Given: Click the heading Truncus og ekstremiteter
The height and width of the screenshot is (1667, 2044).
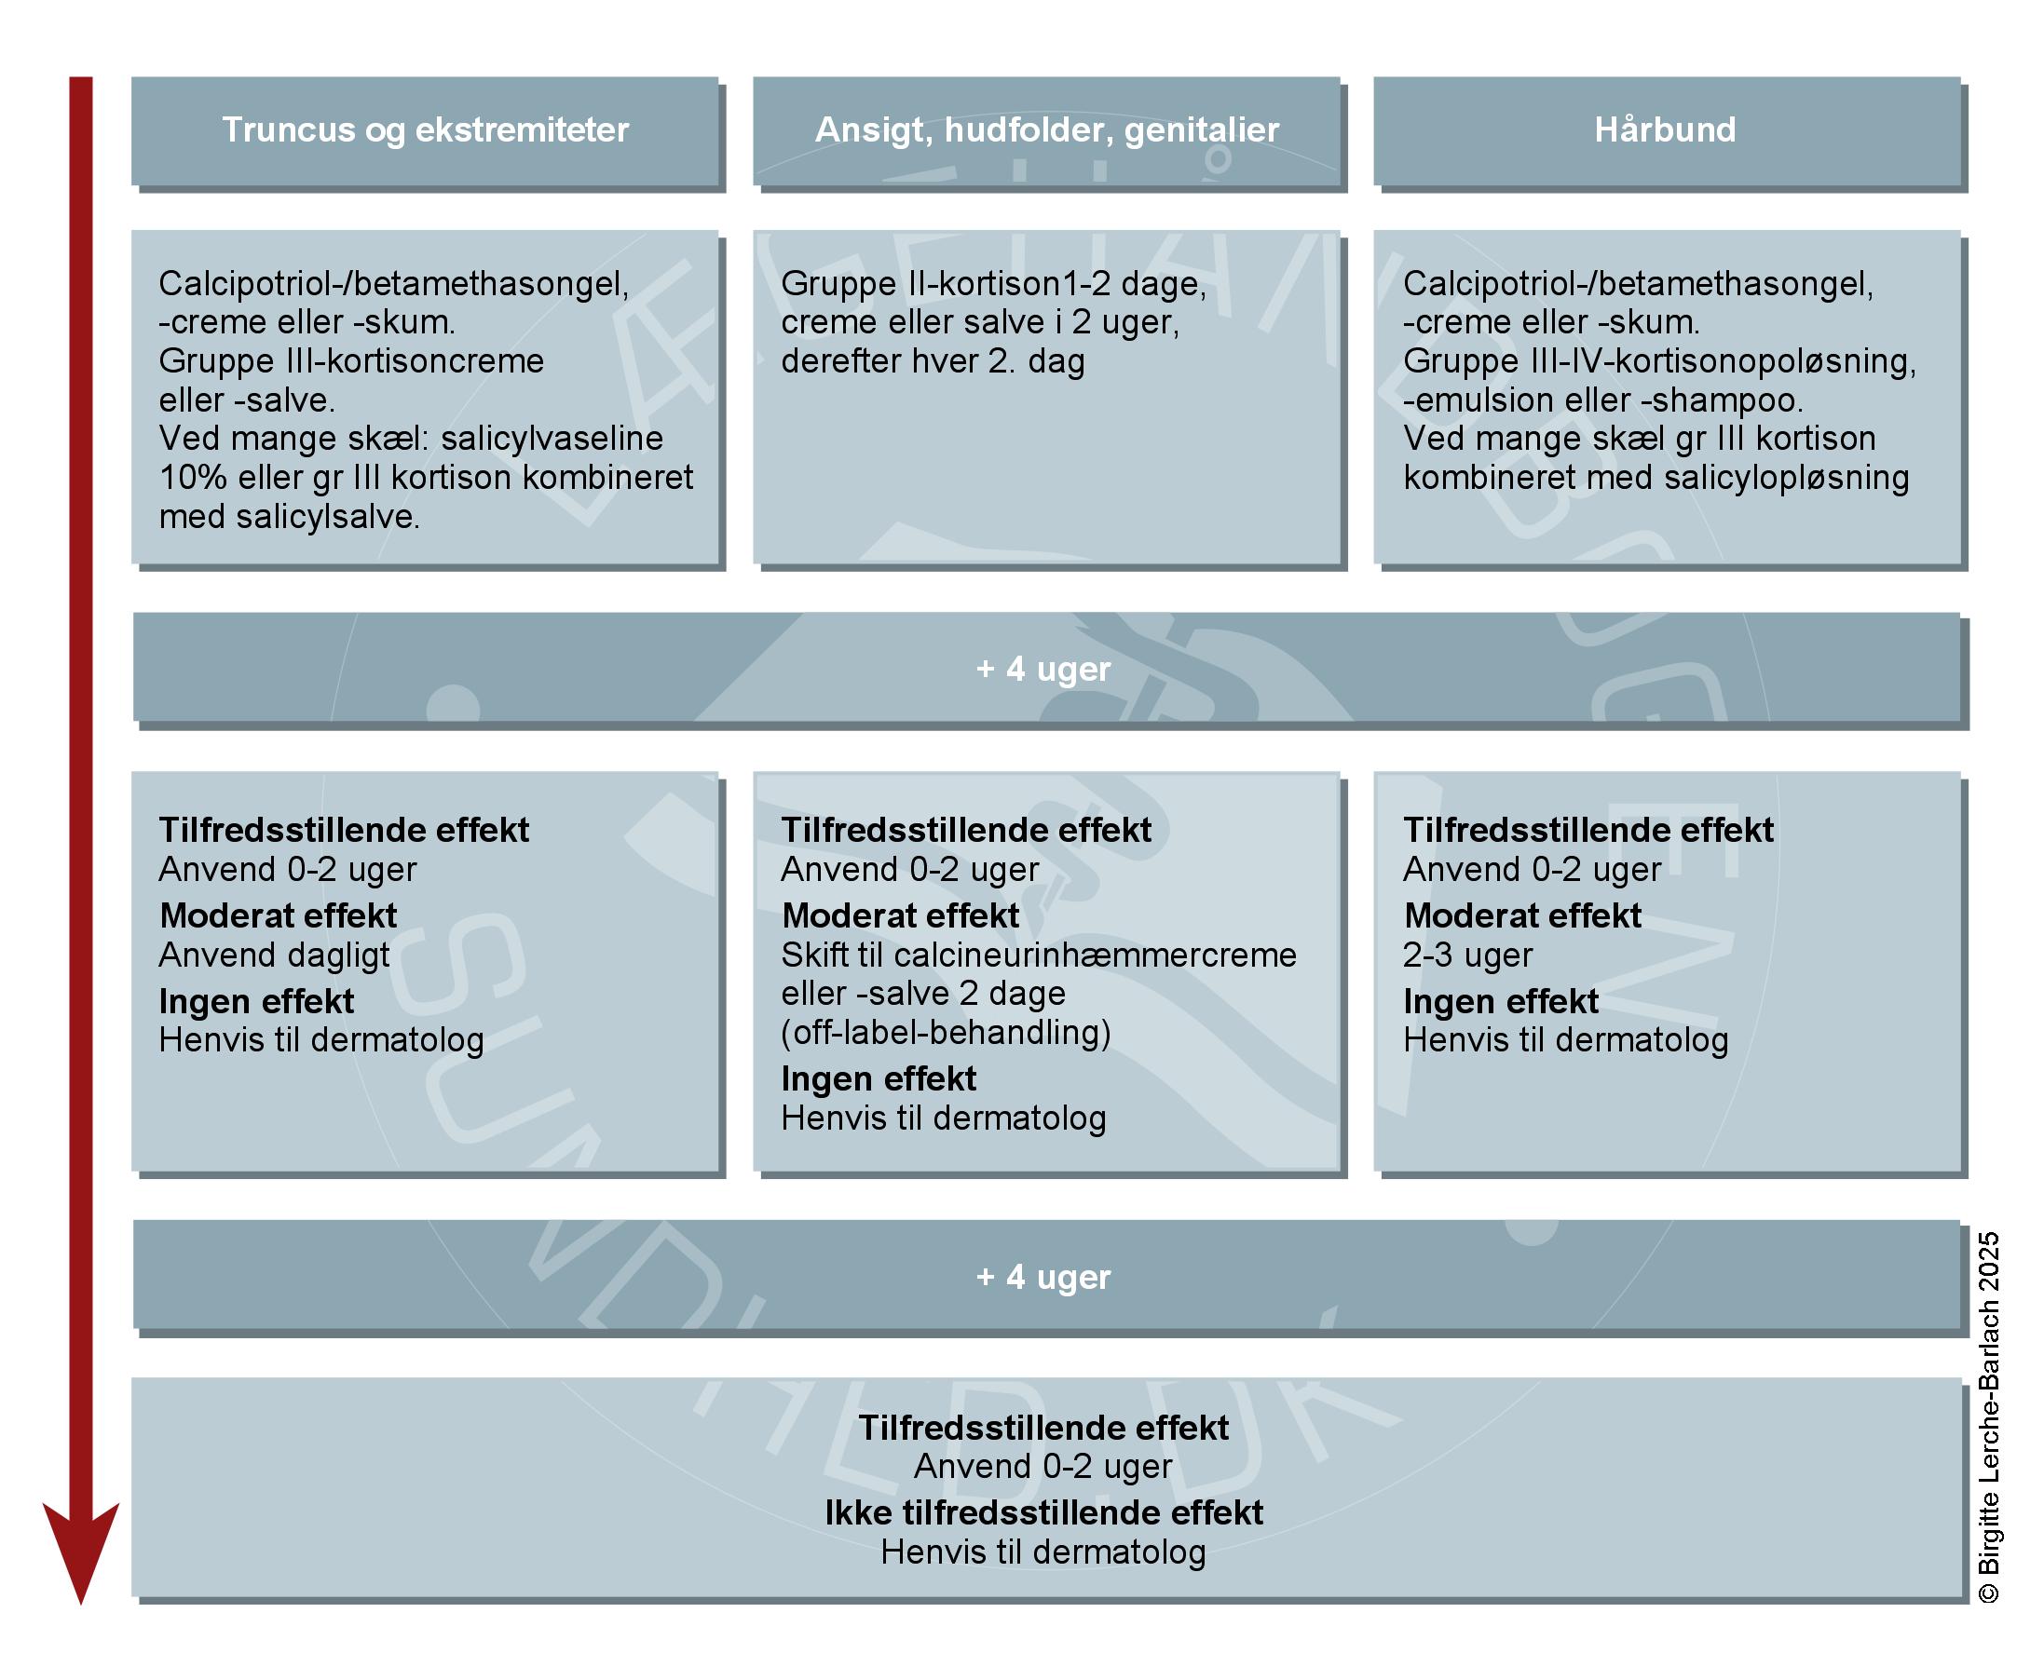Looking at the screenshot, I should pos(425,129).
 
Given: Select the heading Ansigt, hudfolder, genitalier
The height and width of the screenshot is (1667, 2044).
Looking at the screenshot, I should pos(1046,129).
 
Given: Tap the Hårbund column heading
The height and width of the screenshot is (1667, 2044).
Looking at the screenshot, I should pos(1665,129).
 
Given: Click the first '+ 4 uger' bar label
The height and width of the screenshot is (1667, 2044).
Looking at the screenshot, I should pos(1043,669).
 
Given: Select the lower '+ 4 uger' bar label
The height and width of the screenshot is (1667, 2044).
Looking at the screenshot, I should pos(1043,1277).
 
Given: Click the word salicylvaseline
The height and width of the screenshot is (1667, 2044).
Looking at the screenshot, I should pos(552,439).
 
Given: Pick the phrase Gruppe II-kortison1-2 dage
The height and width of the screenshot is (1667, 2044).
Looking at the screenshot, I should pos(992,284).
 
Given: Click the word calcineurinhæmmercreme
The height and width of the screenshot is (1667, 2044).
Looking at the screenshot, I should pos(1095,955).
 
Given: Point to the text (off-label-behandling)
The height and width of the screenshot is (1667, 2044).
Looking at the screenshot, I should pos(946,1033).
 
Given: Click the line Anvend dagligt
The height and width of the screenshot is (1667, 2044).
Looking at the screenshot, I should pos(274,955).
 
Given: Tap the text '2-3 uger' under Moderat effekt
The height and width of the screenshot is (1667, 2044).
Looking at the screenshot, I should pos(1466,955).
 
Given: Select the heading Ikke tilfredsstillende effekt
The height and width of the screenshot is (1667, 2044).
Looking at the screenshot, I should pos(1043,1513).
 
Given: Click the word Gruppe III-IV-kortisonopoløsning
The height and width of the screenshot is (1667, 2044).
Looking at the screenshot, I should pos(1659,362).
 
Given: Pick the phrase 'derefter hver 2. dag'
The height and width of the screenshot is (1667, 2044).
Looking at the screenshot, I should pos(932,362).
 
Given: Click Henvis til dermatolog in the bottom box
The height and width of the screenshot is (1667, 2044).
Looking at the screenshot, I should pos(1043,1552).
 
